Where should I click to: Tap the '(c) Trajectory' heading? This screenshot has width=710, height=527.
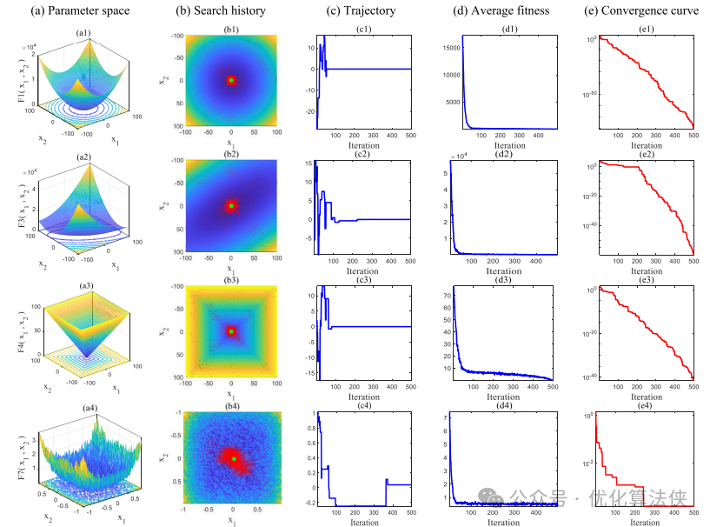362,12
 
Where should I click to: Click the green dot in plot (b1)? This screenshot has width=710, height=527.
231,80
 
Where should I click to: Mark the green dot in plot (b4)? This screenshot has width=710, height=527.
233,458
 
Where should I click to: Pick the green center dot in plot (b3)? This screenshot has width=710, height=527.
231,331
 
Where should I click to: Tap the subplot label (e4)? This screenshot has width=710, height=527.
646,406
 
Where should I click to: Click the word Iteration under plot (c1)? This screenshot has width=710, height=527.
363,145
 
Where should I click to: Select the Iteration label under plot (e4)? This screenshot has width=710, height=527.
646,523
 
